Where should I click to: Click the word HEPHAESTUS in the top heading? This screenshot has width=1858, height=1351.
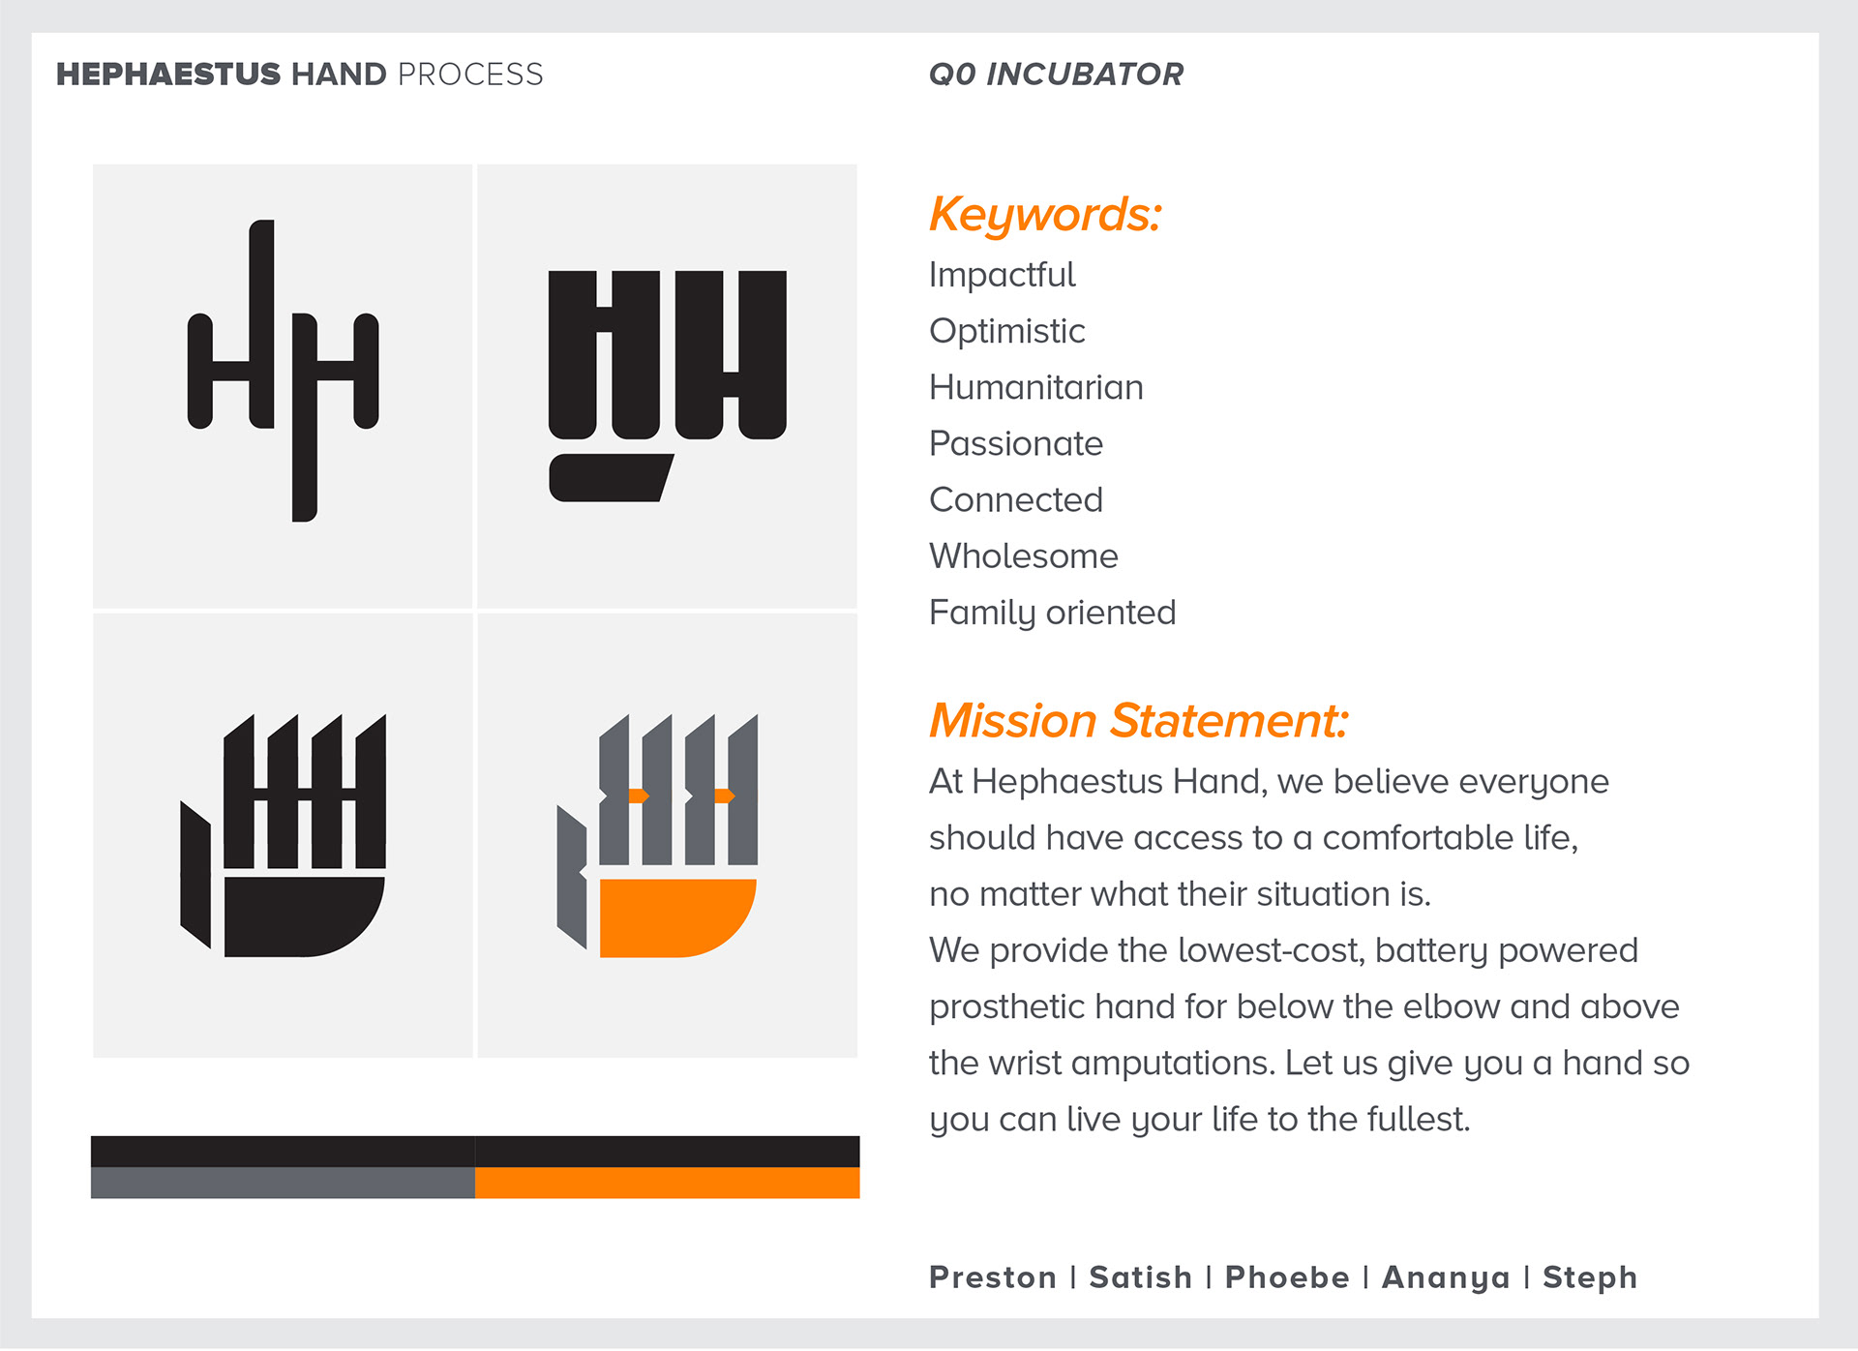(168, 75)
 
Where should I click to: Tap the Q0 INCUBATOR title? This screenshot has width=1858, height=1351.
(1056, 75)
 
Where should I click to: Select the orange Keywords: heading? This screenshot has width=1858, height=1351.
(1045, 214)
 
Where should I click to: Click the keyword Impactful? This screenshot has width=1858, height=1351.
(1002, 275)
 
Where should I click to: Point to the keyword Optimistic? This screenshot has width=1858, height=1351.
(1006, 332)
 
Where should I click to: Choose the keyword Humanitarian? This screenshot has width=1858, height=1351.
(1035, 387)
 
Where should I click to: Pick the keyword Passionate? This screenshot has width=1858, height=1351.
(1015, 443)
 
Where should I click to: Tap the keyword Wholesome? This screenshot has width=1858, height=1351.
(1023, 556)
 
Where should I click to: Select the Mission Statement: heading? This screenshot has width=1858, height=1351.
(1138, 721)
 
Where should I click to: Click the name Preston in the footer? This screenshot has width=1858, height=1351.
(992, 1277)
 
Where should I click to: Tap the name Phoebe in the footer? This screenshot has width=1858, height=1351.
(1287, 1277)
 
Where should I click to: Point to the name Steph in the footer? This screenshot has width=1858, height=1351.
(1589, 1278)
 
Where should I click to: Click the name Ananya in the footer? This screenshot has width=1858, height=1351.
(1446, 1278)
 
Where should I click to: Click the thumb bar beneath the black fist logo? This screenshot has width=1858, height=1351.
(611, 478)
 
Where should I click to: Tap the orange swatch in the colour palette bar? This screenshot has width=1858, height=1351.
(667, 1183)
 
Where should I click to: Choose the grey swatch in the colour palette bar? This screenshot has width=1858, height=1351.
(283, 1183)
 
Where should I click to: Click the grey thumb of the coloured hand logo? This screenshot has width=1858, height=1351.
(571, 876)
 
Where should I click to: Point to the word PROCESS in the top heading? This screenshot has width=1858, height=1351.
(470, 75)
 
